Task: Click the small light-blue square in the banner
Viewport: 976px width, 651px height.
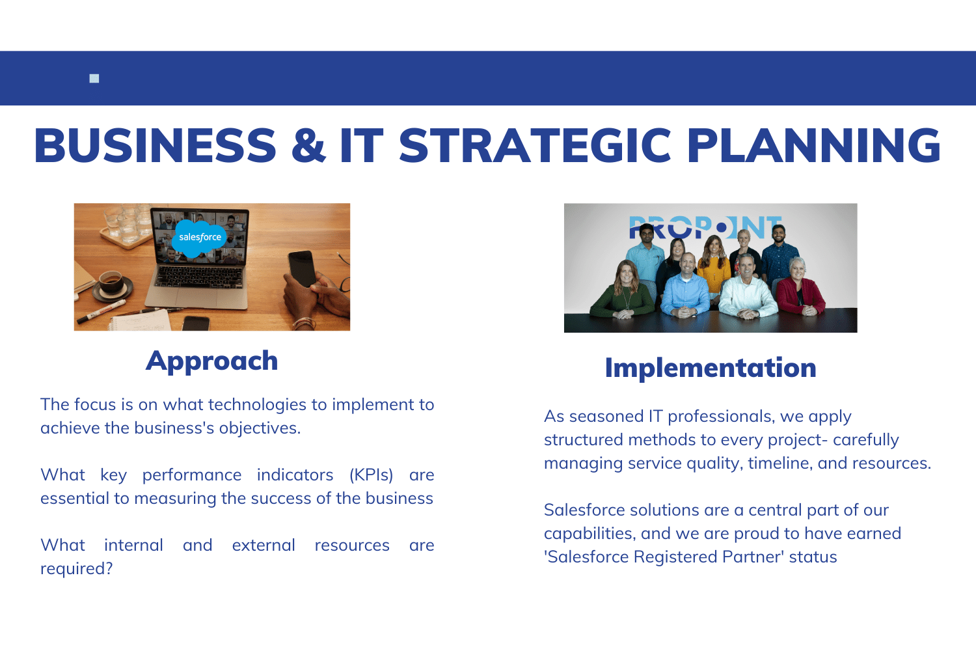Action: pos(94,79)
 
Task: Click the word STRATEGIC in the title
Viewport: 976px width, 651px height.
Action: pos(535,146)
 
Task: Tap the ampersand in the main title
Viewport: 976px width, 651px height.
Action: pos(308,146)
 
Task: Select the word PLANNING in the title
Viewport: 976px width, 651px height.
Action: pos(814,146)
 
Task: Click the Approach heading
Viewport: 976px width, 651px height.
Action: pos(211,361)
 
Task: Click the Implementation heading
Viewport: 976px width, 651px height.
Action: pos(711,368)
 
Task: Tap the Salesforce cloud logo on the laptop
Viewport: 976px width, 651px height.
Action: pos(200,238)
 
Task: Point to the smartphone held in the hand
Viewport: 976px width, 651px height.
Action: pos(302,268)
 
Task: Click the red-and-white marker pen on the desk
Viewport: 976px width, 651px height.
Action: pos(101,312)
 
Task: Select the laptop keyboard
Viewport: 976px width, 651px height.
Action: pos(199,277)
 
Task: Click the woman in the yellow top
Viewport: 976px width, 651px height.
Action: pos(714,266)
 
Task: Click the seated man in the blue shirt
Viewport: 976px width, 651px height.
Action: pos(686,286)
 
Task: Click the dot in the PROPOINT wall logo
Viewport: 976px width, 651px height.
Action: pos(722,227)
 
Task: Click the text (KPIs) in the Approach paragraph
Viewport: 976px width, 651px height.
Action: pos(372,475)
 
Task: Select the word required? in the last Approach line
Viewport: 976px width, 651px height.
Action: pos(77,569)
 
